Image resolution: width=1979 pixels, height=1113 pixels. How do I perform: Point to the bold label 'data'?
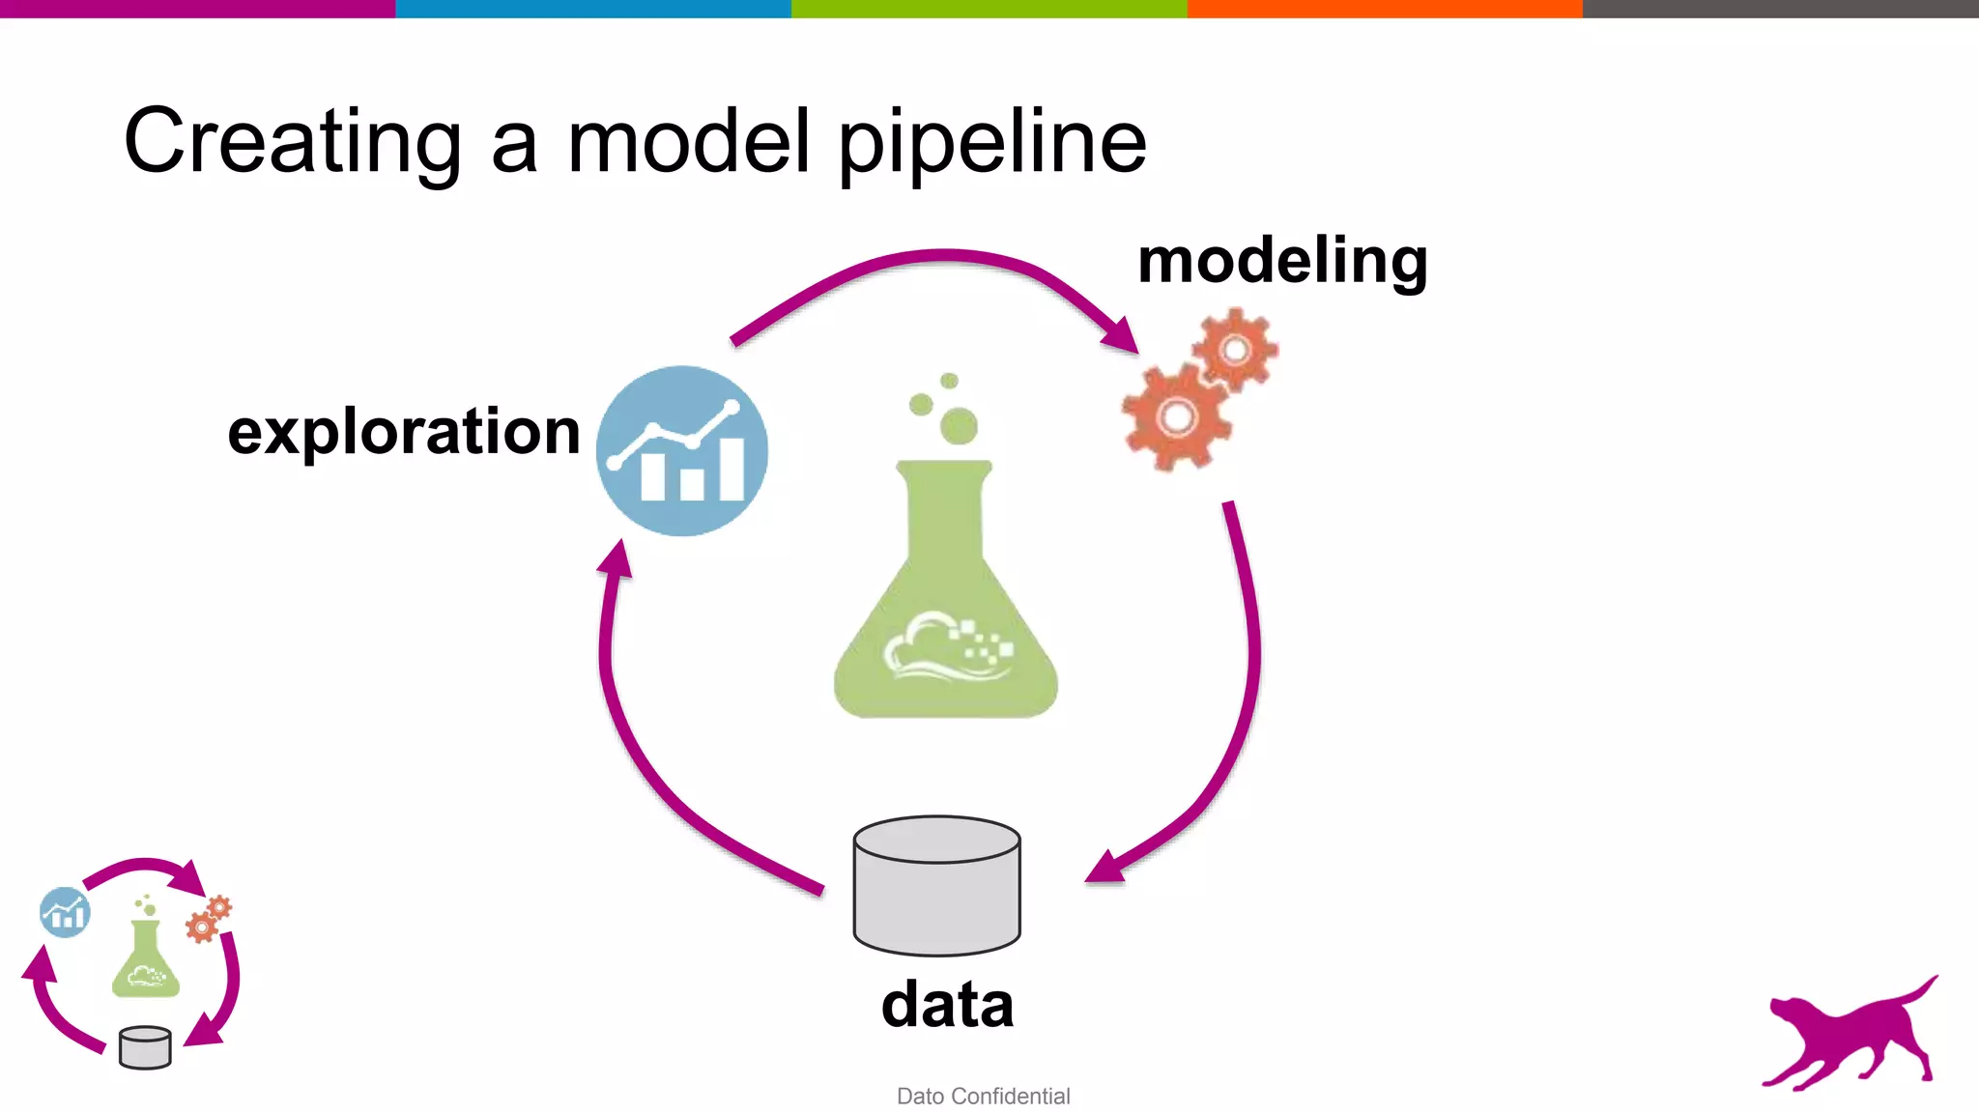click(947, 1005)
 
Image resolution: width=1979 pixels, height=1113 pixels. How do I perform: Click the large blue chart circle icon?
click(682, 451)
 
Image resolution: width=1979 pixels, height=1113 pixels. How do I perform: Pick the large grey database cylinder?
click(936, 886)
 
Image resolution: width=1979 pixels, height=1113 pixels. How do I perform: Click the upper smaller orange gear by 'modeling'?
click(1235, 349)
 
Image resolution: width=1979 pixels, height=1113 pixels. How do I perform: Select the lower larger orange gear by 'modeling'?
click(1176, 417)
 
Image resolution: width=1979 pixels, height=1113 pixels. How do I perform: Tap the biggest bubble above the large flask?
click(959, 426)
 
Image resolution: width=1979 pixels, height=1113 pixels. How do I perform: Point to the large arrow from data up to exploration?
click(638, 744)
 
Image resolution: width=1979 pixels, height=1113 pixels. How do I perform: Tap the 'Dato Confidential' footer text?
click(983, 1097)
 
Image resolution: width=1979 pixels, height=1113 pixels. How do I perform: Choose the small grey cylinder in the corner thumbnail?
click(145, 1048)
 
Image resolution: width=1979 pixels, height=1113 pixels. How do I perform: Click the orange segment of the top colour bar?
click(1384, 9)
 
